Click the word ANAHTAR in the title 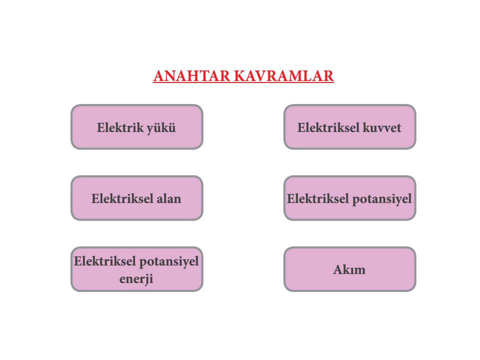191,76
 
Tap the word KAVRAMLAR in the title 284,76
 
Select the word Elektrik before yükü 120,127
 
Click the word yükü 161,128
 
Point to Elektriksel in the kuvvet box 328,127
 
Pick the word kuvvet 381,127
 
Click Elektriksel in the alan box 122,198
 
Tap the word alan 168,198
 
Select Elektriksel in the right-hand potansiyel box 318,198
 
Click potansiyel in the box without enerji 381,199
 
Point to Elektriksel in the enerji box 104,261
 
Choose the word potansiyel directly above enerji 169,262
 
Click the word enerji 136,279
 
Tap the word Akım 349,269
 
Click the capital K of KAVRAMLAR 239,76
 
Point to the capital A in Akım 338,269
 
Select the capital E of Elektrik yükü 100,127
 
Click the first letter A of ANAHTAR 159,76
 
